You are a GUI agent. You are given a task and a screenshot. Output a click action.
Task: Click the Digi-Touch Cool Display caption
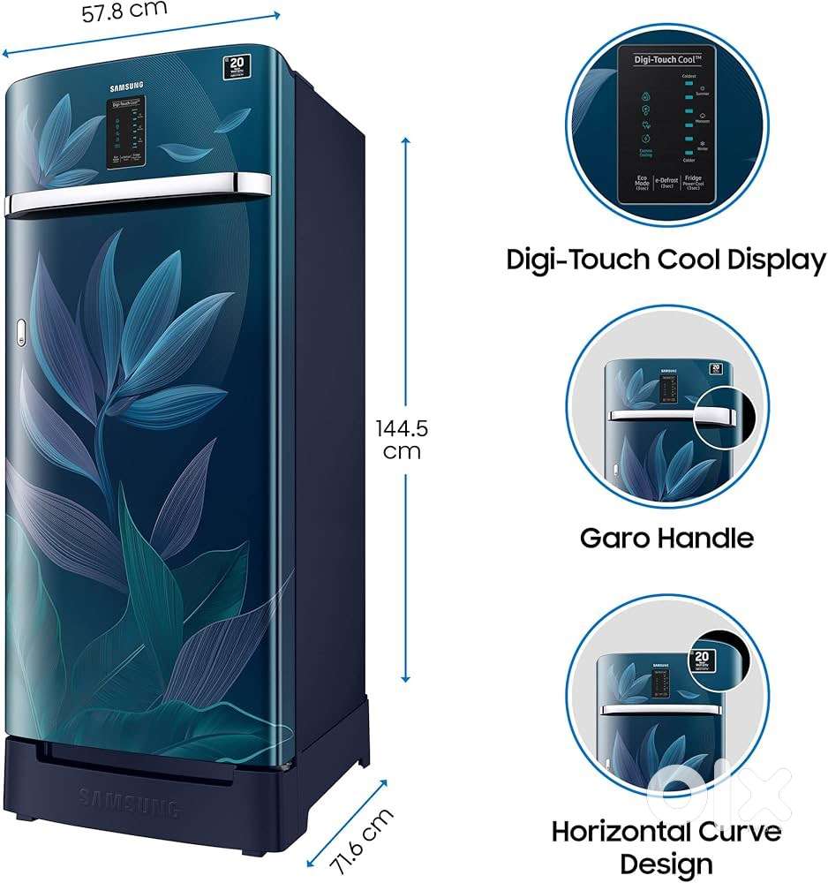666,260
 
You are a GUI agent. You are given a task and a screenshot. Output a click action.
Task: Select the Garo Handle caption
666,537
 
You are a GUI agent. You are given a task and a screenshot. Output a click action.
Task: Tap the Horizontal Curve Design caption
666,846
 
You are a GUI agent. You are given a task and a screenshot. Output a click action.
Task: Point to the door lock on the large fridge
20,335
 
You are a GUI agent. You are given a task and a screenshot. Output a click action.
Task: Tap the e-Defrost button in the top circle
666,186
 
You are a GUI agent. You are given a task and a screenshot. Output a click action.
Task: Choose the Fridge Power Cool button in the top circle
694,185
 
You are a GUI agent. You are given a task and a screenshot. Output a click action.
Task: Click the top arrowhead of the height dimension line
406,141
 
